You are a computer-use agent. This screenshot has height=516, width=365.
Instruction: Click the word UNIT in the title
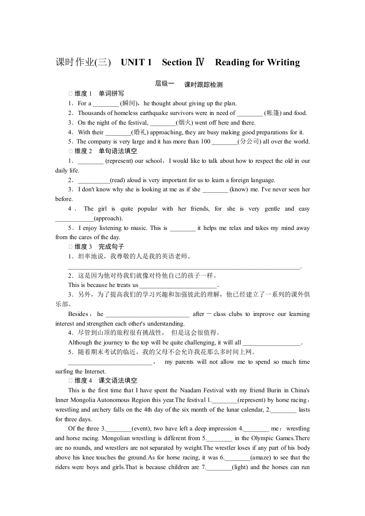pyautogui.click(x=133, y=63)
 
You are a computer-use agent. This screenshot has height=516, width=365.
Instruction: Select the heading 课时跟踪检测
pyautogui.click(x=203, y=85)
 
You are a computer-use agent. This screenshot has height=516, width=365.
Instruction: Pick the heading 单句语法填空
pyautogui.click(x=118, y=151)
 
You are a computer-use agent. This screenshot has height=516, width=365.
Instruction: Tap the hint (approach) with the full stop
pyautogui.click(x=108, y=218)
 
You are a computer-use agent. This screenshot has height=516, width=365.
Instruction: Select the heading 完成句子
pyautogui.click(x=111, y=247)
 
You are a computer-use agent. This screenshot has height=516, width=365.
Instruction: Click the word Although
pyautogui.click(x=81, y=343)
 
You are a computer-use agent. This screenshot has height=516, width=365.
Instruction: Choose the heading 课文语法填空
pyautogui.click(x=118, y=381)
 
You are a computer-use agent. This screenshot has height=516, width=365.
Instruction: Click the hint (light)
pyautogui.click(x=243, y=467)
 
